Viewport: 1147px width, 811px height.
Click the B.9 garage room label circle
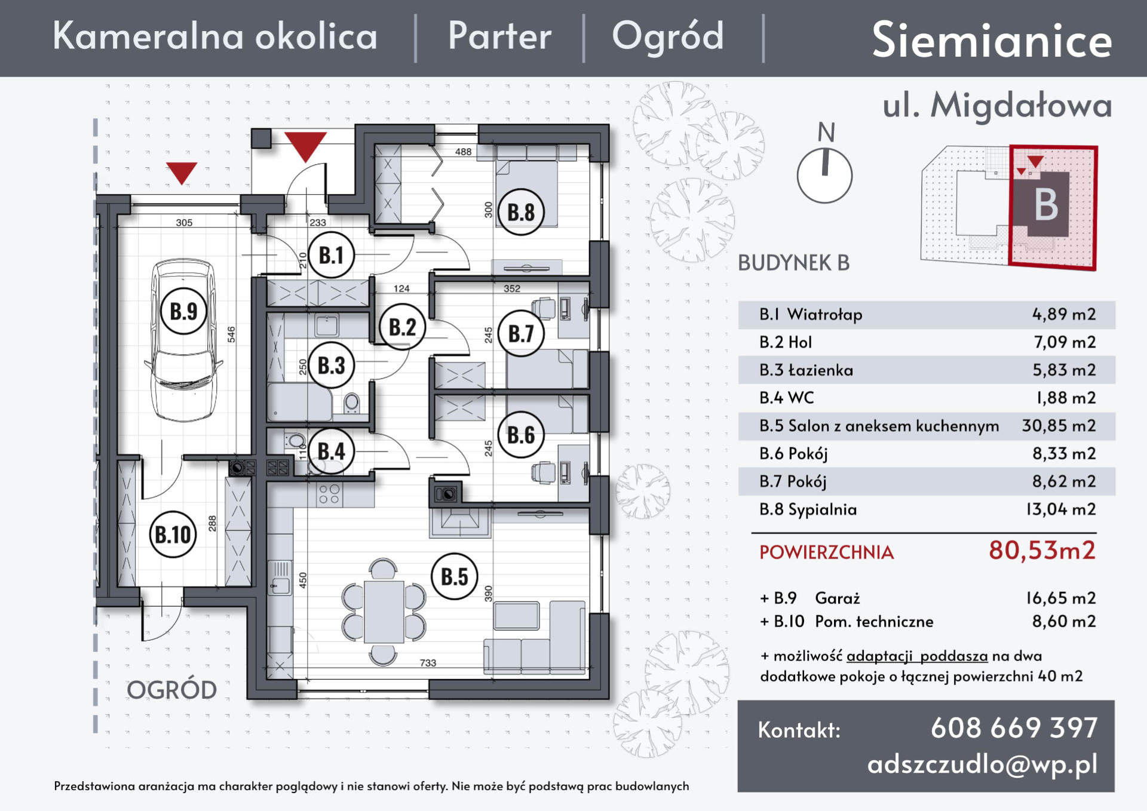(x=183, y=311)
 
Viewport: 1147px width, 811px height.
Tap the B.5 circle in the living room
(x=455, y=576)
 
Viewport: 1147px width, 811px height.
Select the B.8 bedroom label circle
(x=521, y=212)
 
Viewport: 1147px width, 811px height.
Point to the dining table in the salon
(x=384, y=612)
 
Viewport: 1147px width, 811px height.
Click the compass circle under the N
(x=824, y=176)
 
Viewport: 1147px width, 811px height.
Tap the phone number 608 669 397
(x=1014, y=728)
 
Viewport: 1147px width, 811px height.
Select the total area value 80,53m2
(x=1042, y=551)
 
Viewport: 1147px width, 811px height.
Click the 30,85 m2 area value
(x=1059, y=426)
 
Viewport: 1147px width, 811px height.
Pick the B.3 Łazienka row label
(x=806, y=370)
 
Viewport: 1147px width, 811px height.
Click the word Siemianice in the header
(x=992, y=40)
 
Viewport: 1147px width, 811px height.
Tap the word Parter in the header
(x=499, y=36)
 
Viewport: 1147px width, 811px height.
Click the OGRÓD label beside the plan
(x=172, y=690)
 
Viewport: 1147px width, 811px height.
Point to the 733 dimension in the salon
(x=428, y=663)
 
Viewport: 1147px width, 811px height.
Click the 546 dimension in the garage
(x=231, y=334)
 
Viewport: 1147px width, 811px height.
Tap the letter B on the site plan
(x=1046, y=205)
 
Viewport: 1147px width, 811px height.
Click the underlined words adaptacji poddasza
(x=917, y=656)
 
